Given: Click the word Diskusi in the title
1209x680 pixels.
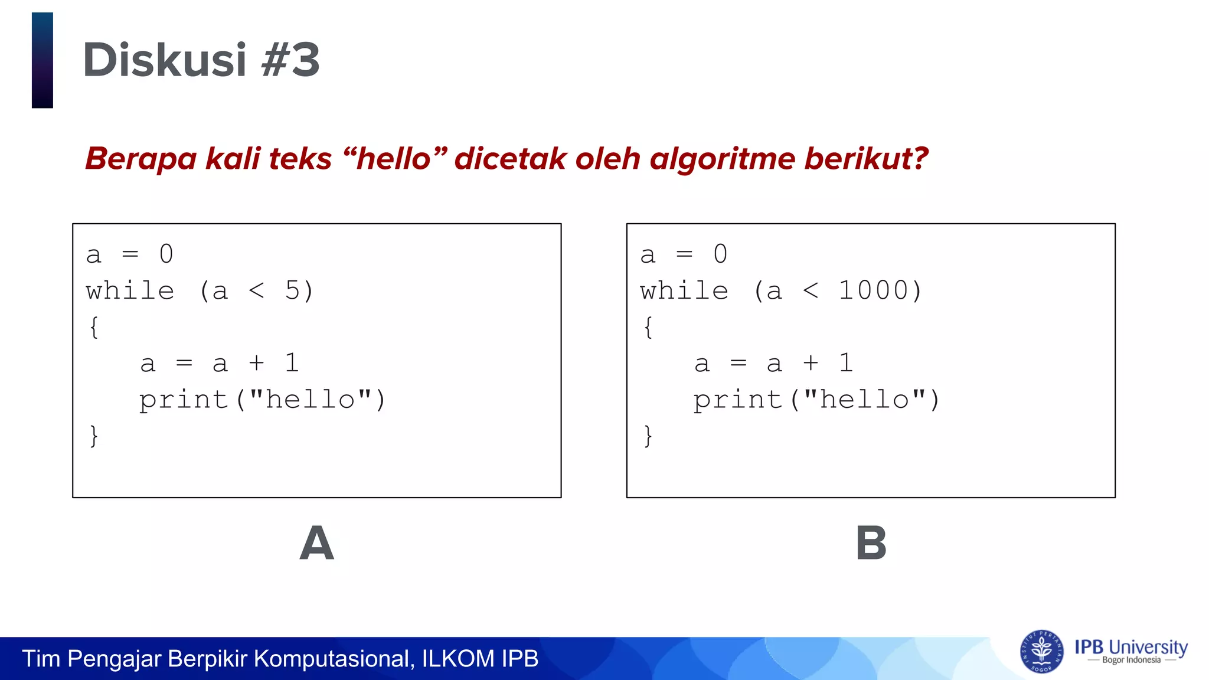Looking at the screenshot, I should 164,60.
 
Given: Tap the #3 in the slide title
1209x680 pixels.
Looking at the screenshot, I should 290,60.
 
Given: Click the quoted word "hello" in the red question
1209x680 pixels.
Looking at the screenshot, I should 394,159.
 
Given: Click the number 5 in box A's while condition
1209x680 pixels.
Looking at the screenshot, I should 292,290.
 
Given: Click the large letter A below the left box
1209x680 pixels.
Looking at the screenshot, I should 316,544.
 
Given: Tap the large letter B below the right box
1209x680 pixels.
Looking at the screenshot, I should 871,544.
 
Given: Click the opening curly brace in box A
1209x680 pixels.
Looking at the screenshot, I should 94,327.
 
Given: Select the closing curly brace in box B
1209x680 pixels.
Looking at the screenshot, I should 648,436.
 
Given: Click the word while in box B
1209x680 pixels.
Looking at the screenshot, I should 684,291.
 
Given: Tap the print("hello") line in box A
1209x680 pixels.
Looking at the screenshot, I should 262,400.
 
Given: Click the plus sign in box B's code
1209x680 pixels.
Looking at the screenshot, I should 811,363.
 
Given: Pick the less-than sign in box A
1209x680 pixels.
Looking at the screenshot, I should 256,290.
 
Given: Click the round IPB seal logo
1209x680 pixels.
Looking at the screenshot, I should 1041,651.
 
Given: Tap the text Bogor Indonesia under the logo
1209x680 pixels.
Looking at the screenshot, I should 1131,661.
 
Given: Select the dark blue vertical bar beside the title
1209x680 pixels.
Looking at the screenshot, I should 43,60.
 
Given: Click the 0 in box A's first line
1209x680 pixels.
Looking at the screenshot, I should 166,254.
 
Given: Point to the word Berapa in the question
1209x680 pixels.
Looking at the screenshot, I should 140,159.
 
